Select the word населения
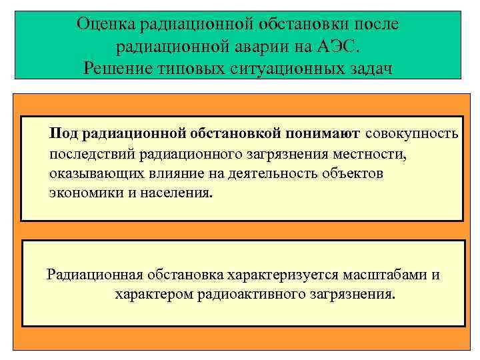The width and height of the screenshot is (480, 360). pyautogui.click(x=178, y=193)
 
